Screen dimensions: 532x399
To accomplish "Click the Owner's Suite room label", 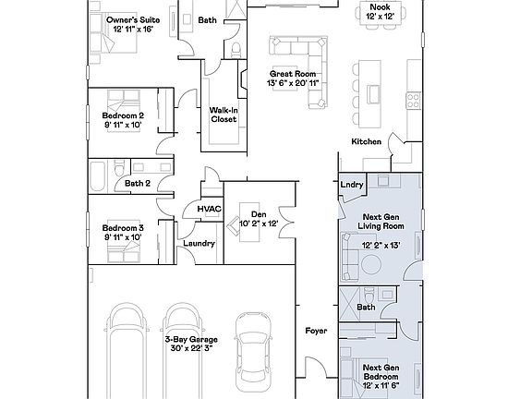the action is (133, 20).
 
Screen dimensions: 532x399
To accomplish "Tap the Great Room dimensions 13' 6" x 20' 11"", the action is (293, 83).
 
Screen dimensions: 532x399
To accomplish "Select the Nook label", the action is (380, 7).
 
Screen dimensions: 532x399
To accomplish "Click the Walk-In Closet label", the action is (224, 115).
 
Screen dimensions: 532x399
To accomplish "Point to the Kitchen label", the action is (366, 141).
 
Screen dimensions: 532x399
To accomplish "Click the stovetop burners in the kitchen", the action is (414, 101).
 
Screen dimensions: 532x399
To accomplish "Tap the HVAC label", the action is (210, 209).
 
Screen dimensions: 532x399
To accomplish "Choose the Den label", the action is (259, 214).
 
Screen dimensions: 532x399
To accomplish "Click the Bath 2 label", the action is (138, 184).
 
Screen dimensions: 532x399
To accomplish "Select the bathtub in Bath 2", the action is (98, 176).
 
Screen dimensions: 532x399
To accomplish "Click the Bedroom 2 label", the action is (123, 115).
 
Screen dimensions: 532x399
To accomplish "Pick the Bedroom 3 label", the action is (123, 228).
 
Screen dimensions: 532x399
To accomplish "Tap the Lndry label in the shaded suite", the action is (352, 185).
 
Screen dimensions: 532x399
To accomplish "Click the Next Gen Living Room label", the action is (381, 222).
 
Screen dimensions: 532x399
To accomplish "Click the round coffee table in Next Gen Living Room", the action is (371, 264).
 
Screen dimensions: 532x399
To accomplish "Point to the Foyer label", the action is (316, 331).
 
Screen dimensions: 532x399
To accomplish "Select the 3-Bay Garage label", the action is (191, 339).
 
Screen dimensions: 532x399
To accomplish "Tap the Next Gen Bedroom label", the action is (381, 372).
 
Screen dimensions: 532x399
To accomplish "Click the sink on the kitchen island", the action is (373, 94).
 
